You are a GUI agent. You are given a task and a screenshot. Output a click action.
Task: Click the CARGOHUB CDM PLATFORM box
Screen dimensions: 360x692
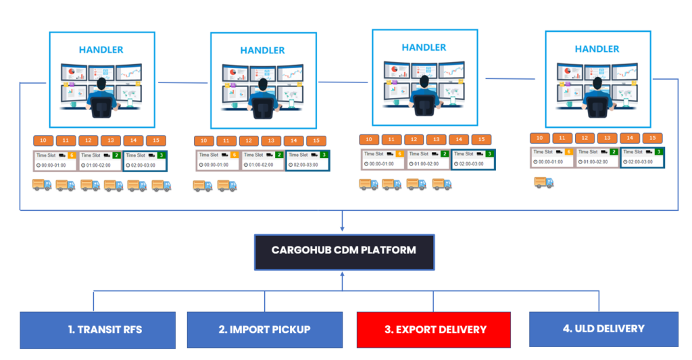coord(343,251)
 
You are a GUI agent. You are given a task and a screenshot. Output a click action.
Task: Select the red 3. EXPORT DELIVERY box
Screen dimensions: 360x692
coord(435,330)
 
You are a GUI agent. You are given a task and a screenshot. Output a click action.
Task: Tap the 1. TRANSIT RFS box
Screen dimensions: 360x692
coord(97,330)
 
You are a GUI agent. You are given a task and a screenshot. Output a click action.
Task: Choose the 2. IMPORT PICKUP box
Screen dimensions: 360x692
coord(264,330)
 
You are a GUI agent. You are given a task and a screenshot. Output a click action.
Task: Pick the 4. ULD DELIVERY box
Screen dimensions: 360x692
coord(603,329)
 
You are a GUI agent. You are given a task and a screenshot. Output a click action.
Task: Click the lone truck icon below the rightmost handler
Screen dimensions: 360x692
coord(544,182)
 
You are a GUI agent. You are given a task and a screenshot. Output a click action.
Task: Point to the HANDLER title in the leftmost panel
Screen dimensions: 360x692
coord(101,49)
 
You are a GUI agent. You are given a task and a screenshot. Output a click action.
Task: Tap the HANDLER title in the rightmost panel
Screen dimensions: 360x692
coord(597,49)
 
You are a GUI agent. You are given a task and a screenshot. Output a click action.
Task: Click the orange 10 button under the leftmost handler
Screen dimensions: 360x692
coord(43,140)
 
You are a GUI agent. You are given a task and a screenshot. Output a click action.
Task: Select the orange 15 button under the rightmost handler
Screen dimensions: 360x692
coord(651,138)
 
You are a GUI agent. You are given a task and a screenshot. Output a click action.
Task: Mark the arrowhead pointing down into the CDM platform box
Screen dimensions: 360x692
coord(343,229)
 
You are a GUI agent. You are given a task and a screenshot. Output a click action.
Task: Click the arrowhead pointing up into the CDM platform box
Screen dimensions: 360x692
coord(343,273)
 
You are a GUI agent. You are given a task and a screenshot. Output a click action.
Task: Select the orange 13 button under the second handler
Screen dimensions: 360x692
coord(271,141)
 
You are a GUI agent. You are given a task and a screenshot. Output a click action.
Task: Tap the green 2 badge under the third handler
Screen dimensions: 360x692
coord(445,154)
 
